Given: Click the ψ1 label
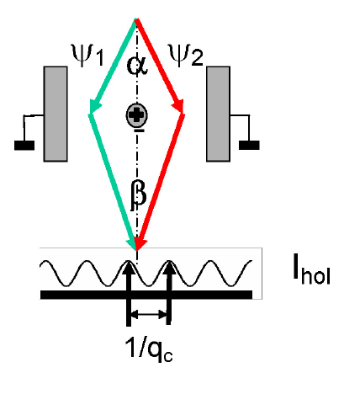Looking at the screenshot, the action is point(87,56).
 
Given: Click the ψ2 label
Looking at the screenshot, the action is point(186,56).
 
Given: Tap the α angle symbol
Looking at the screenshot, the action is point(137,66).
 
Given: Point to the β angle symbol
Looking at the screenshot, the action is point(138,195).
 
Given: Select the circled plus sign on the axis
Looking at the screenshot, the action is point(136,115).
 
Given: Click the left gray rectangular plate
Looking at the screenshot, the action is point(56,114).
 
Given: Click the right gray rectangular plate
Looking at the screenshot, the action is point(218,114).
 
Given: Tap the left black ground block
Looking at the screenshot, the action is point(24,146).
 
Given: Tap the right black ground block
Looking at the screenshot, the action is point(249,145).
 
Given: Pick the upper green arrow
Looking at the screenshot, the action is point(113,67).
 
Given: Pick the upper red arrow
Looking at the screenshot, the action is point(160,67).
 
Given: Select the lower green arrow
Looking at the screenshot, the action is point(113,182).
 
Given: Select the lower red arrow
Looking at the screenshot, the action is point(160,182).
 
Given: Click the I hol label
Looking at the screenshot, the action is point(311,269).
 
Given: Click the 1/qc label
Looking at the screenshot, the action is point(149,349).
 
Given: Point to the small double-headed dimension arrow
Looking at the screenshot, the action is point(149,315).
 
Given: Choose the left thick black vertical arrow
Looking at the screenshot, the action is point(129,293).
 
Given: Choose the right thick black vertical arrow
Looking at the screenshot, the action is point(168,292).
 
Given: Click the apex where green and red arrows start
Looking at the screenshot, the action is point(136,19).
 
